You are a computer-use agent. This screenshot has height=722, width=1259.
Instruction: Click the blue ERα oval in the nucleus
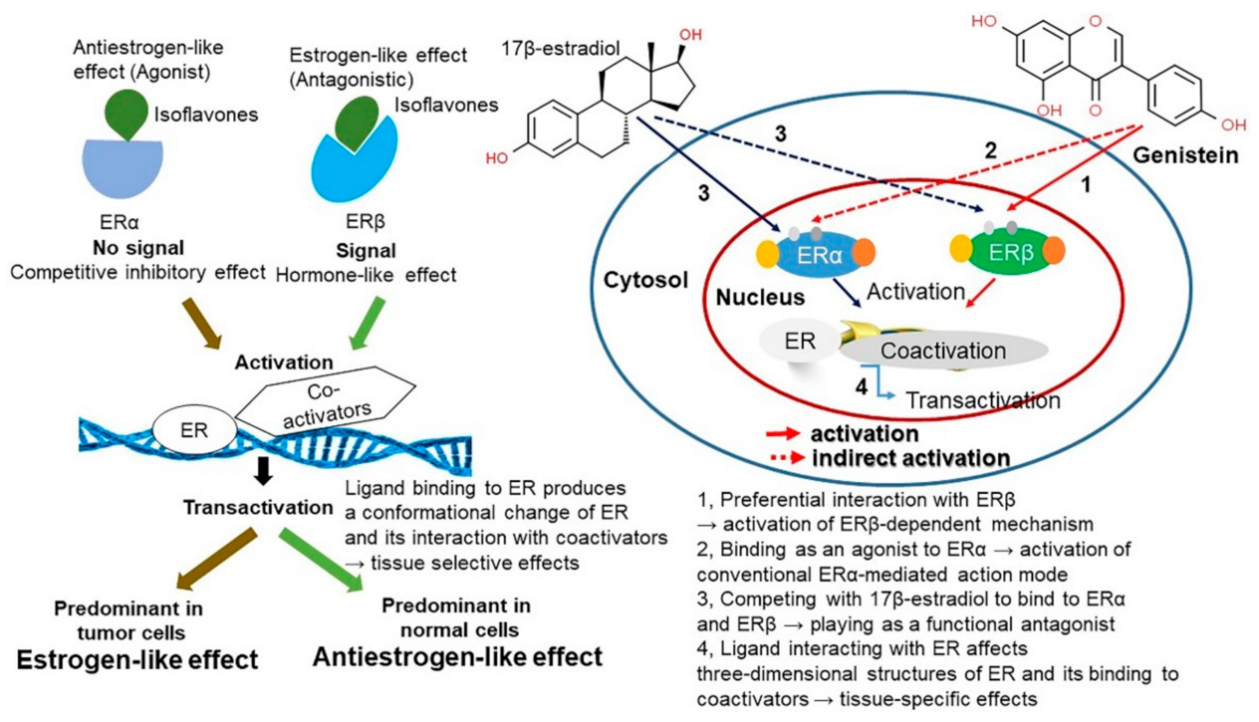(818, 255)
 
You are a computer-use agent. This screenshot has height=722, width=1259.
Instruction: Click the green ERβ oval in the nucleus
(1010, 252)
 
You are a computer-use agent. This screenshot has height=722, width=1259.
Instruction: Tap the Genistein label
(1185, 155)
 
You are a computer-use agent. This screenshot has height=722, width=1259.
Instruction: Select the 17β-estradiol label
(560, 49)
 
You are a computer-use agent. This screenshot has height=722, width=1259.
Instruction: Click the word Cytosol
(645, 280)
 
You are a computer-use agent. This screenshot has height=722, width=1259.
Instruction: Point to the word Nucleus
(760, 298)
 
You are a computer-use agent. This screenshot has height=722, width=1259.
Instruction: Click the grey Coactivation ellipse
(943, 351)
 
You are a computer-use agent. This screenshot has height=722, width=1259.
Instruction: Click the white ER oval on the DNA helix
(194, 430)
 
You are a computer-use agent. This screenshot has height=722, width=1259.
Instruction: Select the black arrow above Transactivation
(263, 471)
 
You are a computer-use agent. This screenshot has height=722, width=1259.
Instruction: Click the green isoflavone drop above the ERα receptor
(126, 113)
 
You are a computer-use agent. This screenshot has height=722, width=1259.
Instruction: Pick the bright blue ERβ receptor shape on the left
(354, 166)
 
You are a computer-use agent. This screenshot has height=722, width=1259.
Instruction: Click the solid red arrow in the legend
(782, 434)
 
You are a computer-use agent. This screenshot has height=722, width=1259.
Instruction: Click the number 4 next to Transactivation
(861, 387)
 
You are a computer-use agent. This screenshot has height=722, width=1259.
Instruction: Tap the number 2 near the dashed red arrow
(990, 150)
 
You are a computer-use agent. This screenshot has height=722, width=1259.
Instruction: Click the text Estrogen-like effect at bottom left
(137, 660)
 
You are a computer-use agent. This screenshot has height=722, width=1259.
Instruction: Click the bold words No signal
(138, 248)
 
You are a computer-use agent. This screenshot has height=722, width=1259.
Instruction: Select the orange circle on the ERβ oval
(1054, 251)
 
